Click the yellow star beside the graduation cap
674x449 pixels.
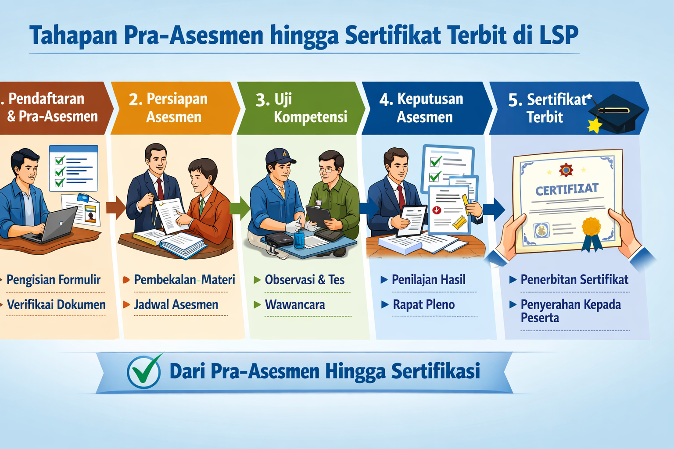click(595, 125)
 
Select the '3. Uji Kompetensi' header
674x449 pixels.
click(301, 108)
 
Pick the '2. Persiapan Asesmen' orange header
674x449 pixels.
click(174, 108)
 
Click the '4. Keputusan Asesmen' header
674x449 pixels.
click(424, 108)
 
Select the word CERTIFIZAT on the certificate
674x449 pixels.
click(567, 189)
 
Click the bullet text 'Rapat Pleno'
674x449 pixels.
click(423, 305)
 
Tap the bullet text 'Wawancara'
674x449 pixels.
click(295, 305)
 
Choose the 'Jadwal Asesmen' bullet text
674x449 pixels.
click(176, 305)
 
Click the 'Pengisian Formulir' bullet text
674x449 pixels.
click(54, 280)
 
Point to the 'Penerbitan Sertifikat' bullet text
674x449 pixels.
click(574, 280)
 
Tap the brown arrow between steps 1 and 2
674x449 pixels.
click(115, 207)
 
